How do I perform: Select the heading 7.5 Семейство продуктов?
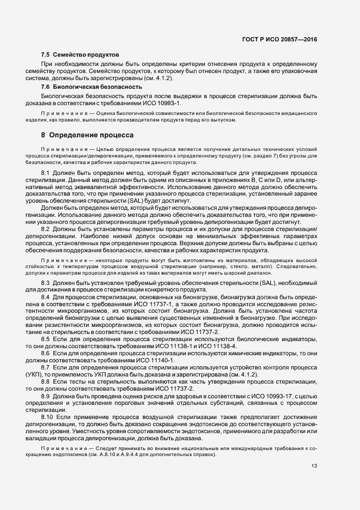coord(80,56)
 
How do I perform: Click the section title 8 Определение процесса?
coord(87,134)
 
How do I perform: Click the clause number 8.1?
coord(46,173)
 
